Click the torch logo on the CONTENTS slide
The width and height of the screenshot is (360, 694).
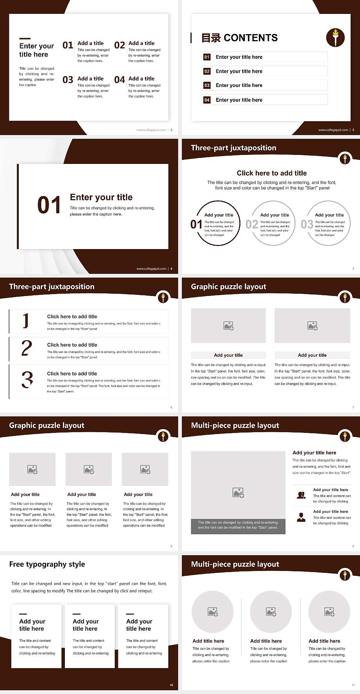335,38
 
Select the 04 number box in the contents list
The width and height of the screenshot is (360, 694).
207,100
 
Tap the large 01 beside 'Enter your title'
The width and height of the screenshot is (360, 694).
49,205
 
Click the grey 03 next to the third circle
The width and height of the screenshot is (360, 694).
307,224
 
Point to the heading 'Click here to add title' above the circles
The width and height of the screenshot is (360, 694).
271,173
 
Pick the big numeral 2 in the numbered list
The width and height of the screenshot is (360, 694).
27,348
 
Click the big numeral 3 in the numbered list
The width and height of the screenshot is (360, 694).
27,379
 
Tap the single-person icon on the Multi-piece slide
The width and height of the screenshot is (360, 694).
301,517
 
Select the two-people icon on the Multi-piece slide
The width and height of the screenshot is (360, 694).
301,495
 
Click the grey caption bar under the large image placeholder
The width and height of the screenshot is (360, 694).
238,526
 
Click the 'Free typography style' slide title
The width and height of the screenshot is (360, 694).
47,564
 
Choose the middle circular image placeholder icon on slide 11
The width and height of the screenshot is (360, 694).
271,612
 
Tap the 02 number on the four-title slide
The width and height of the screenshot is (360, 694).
120,45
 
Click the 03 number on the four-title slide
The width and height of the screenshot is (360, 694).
68,80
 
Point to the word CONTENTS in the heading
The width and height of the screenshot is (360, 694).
250,38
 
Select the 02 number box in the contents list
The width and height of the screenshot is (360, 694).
207,71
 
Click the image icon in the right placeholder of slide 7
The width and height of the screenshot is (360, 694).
312,326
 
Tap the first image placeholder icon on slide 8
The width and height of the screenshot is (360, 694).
32,469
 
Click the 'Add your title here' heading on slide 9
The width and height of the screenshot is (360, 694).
314,453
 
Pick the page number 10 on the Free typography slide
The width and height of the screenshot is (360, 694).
171,685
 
